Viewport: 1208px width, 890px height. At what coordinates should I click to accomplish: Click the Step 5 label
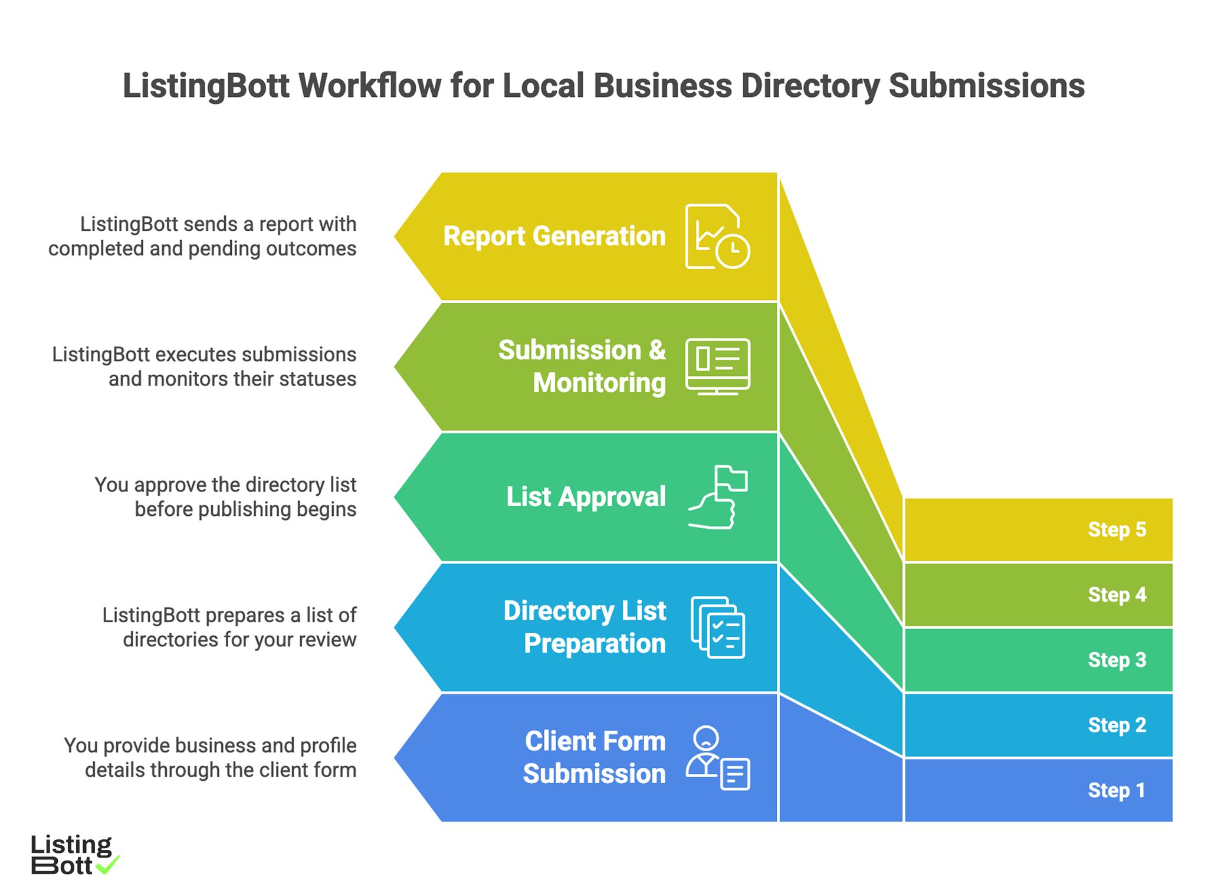tap(1117, 529)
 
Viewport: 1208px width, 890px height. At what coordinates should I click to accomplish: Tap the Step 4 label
tap(1117, 594)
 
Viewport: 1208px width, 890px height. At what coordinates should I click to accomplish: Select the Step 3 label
tap(1117, 660)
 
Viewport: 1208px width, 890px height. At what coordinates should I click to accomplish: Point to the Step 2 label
tap(1117, 725)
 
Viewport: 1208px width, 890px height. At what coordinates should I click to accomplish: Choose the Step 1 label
tap(1116, 790)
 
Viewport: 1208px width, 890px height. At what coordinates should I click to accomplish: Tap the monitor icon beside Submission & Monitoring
tap(717, 367)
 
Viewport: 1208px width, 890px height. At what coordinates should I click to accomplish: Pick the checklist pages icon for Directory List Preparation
tap(718, 627)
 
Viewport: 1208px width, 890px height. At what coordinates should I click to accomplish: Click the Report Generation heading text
tap(554, 236)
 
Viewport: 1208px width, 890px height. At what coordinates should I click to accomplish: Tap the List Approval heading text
tap(586, 497)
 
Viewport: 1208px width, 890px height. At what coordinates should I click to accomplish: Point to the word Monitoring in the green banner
tap(599, 383)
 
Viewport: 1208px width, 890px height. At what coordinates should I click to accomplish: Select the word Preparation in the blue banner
tap(595, 643)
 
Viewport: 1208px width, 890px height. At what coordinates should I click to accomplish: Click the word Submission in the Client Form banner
tap(594, 774)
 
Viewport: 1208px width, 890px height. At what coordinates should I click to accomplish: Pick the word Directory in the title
tap(810, 86)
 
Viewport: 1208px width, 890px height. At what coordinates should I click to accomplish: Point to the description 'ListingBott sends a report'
tap(202, 236)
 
